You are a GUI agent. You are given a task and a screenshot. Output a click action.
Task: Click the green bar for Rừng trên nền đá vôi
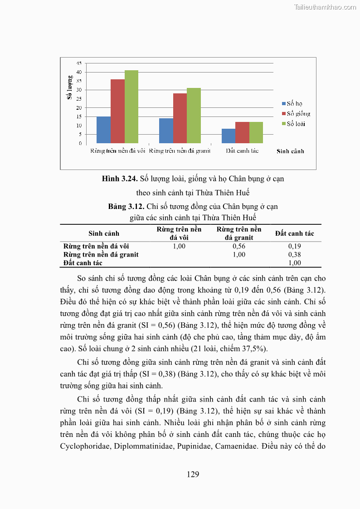click(131, 107)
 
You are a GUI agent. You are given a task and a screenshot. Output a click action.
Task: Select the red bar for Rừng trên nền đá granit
click(180, 118)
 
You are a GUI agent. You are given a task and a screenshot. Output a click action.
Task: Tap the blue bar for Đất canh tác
click(229, 136)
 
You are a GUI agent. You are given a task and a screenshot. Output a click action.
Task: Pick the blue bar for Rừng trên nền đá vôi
click(103, 130)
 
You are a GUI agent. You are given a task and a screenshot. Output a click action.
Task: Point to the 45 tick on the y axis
click(79, 63)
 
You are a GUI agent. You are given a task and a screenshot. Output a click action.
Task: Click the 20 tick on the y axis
click(79, 108)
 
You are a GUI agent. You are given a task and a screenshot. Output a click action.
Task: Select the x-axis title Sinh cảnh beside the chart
click(290, 151)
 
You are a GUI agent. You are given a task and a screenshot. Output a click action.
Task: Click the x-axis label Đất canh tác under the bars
click(242, 150)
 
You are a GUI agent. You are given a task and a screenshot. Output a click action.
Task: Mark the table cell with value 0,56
click(239, 246)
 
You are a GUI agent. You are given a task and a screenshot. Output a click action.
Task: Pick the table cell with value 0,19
click(294, 246)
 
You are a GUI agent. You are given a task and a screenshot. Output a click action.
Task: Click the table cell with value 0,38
click(294, 255)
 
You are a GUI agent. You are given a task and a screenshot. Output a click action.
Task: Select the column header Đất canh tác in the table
click(294, 233)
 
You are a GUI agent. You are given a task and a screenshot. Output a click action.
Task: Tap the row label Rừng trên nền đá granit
click(101, 255)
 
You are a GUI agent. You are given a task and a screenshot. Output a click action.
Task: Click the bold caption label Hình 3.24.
click(120, 179)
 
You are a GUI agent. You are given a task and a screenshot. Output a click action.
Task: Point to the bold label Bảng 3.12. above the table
click(126, 207)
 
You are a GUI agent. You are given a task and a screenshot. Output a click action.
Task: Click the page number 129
click(193, 475)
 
